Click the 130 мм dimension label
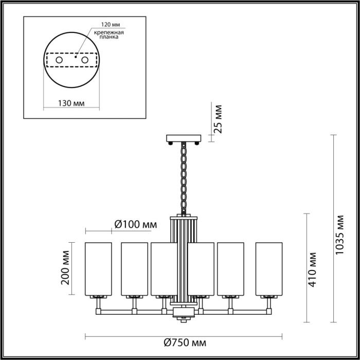[x=71, y=103]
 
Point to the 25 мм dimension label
[x=218, y=119]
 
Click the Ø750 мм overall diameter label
[x=182, y=343]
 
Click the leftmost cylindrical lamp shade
[x=98, y=268]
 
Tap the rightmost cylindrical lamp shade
[x=269, y=268]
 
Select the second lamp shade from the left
[x=134, y=268]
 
